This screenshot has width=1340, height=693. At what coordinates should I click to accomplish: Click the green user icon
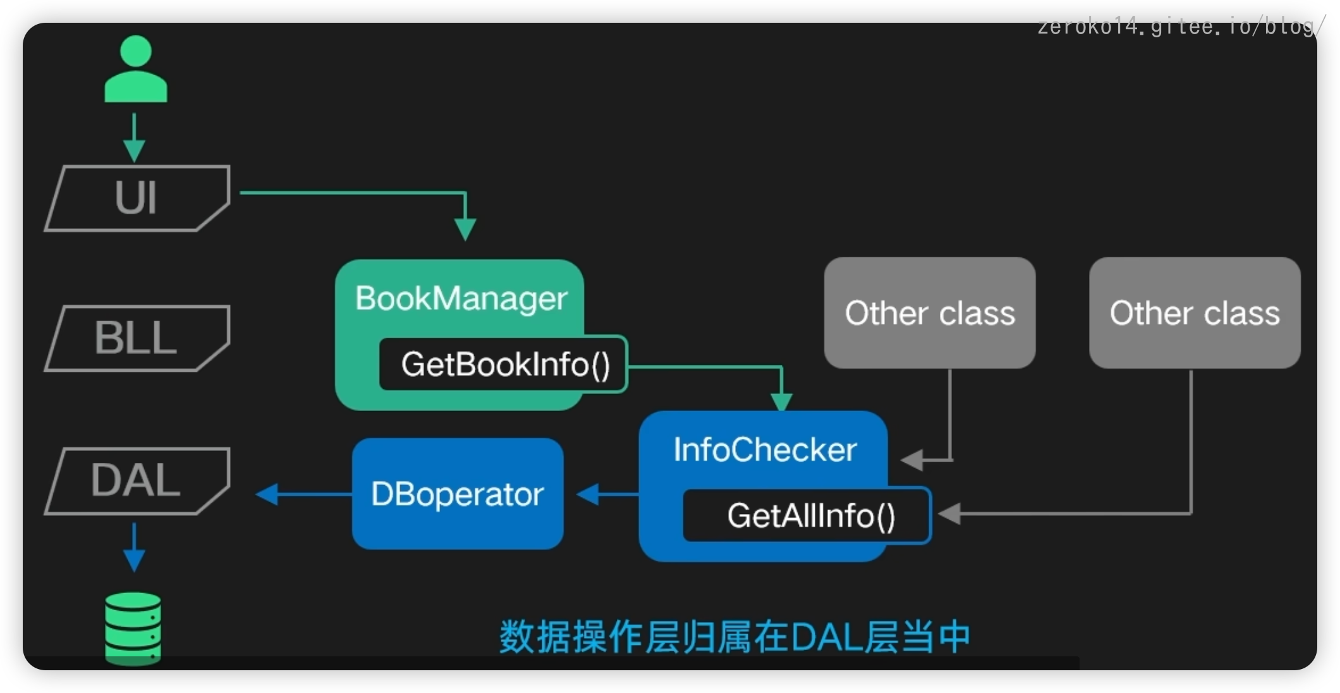[x=135, y=68]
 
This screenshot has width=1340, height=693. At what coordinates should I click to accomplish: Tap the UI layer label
[x=137, y=198]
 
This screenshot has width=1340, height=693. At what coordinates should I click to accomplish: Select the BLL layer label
[x=137, y=338]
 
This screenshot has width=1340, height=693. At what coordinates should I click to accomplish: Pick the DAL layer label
[x=137, y=481]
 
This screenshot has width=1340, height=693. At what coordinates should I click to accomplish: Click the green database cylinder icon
[x=133, y=629]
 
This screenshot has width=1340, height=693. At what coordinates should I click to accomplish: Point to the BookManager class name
[x=461, y=298]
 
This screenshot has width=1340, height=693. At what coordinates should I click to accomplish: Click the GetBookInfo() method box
[x=503, y=364]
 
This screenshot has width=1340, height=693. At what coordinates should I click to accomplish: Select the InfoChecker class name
[x=765, y=450]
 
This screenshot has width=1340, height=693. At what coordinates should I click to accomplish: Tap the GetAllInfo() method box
[x=807, y=515]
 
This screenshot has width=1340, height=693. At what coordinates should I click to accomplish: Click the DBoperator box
[x=458, y=494]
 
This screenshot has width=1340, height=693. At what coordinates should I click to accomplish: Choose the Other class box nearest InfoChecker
[x=930, y=313]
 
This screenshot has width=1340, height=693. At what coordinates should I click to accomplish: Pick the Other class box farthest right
[x=1195, y=313]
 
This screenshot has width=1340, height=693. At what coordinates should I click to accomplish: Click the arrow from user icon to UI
[x=134, y=138]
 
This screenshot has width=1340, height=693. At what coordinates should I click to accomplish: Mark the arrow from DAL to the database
[x=134, y=548]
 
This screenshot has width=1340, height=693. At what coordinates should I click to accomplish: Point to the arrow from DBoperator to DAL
[x=303, y=494]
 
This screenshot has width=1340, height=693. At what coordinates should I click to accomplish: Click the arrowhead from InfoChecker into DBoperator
[x=588, y=494]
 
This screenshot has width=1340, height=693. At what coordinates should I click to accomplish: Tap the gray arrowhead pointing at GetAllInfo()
[x=949, y=513]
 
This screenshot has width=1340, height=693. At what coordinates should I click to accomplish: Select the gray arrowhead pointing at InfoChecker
[x=911, y=460]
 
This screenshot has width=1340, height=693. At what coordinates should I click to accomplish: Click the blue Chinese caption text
[x=735, y=637]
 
